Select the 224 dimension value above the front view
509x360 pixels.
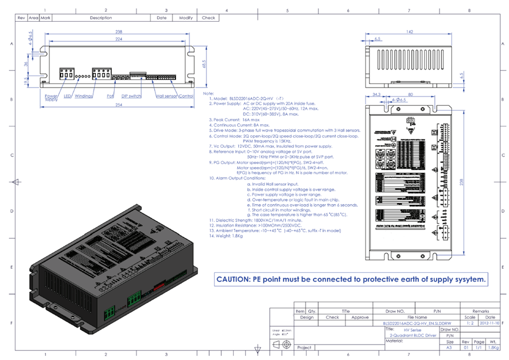119,39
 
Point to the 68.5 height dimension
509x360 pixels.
204,63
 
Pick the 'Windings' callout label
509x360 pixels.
84,95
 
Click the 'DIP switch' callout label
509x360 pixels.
131,95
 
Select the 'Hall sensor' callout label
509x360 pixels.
167,95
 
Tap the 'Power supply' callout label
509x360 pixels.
51,97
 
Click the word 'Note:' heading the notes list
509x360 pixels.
208,94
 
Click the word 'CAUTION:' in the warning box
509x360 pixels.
234,279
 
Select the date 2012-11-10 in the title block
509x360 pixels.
490,323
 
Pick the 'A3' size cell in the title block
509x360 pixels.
450,348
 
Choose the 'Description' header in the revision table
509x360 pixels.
101,18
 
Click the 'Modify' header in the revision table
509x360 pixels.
186,18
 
